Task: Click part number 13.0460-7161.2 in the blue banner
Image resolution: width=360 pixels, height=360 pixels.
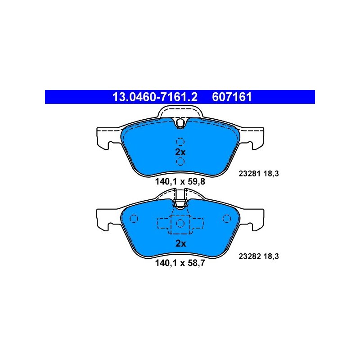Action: pos(155,97)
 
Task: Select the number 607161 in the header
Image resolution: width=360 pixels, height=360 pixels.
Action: pos(232,97)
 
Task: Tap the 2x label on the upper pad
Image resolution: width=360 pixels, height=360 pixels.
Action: pos(180,152)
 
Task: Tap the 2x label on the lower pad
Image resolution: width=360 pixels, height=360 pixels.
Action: pos(181,243)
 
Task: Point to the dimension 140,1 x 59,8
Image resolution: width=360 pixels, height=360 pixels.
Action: pos(180,182)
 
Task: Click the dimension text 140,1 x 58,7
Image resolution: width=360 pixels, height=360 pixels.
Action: pos(180,263)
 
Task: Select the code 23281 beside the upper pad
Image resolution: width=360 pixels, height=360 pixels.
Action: pos(249,174)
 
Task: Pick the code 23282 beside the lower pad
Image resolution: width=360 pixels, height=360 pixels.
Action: pos(249,256)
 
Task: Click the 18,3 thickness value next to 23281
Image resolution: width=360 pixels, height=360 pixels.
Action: pos(271,174)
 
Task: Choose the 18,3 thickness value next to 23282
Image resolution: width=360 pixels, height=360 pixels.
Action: pos(271,256)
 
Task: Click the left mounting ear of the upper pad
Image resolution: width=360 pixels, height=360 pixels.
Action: pos(108,137)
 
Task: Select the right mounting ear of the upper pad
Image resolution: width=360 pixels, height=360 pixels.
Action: pos(252,137)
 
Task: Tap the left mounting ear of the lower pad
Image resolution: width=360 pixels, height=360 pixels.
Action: pos(108,219)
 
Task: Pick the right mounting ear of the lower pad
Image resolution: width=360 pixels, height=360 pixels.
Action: pos(252,219)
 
